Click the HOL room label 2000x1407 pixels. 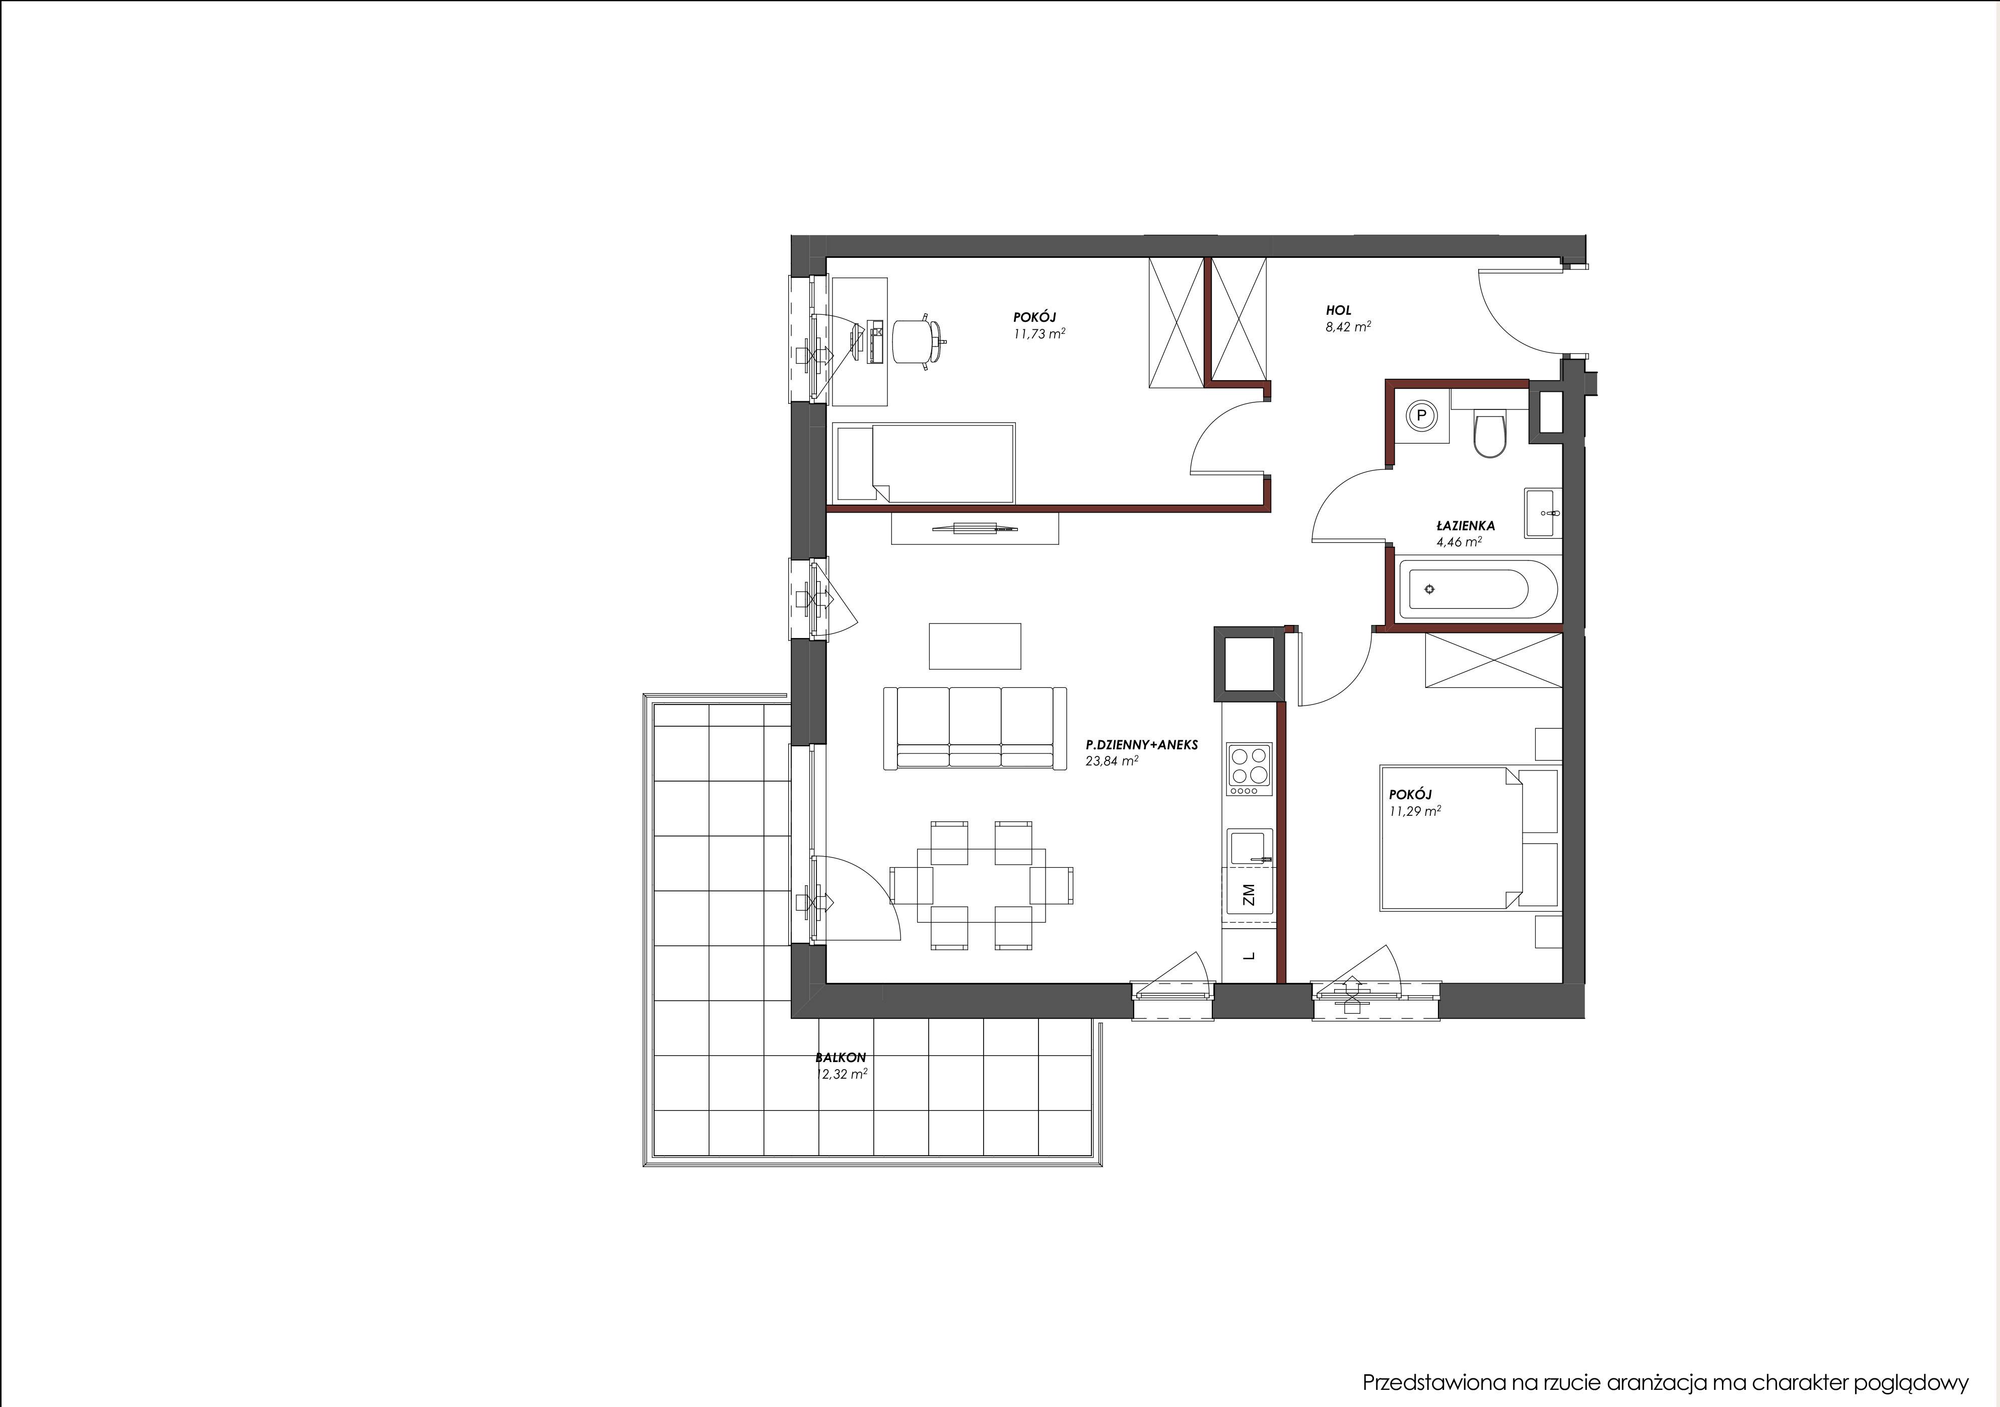point(1339,310)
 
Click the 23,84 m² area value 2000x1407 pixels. point(1112,760)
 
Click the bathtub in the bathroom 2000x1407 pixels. point(1477,589)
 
